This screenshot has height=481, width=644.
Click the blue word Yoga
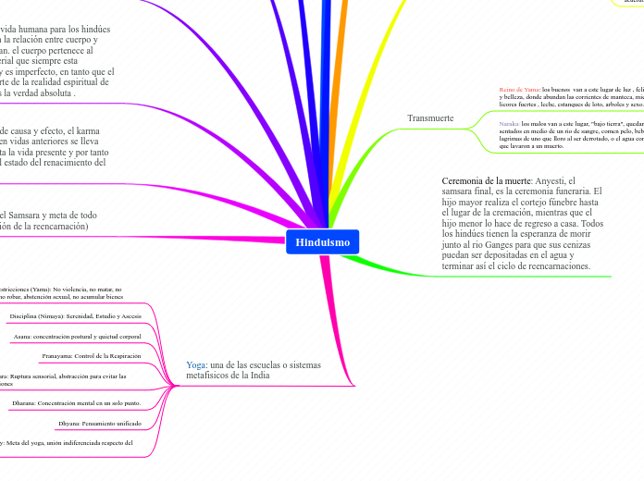196,365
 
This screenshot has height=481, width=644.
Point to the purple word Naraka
509,123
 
